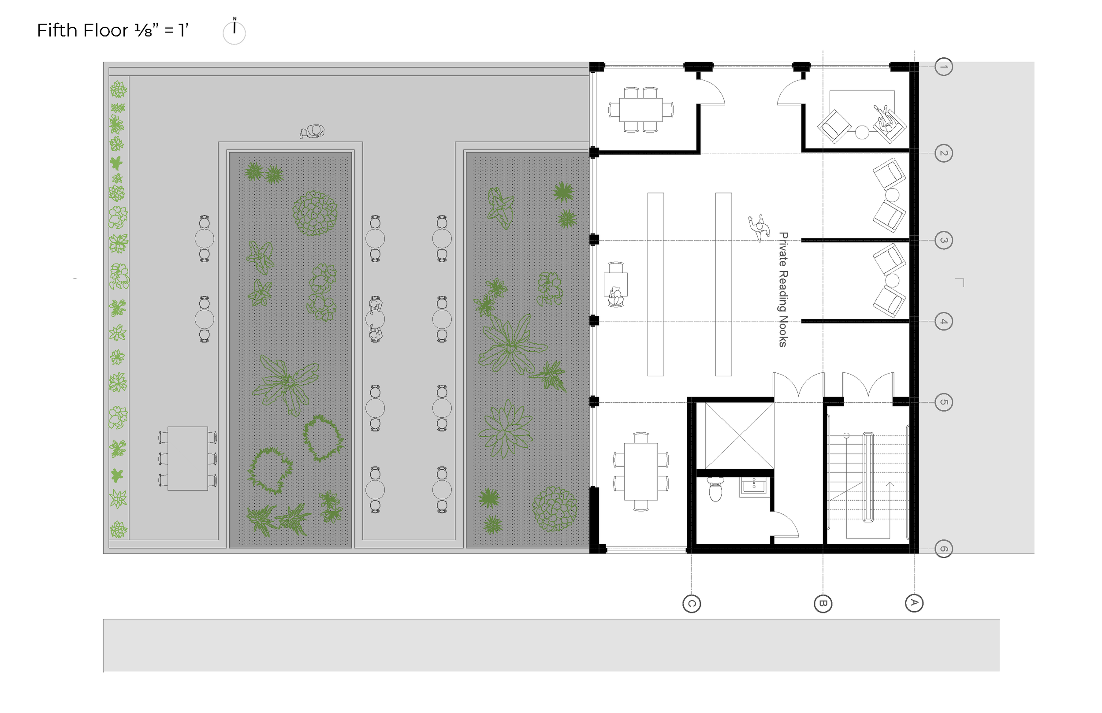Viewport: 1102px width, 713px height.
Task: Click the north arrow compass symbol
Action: click(x=235, y=31)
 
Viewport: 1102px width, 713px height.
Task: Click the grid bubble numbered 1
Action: click(x=944, y=67)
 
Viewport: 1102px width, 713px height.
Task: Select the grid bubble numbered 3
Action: click(x=944, y=240)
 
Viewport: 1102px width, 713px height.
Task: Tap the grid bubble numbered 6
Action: click(x=944, y=549)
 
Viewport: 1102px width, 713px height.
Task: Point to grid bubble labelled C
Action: click(x=692, y=604)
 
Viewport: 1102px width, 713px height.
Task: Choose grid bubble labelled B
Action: click(x=823, y=604)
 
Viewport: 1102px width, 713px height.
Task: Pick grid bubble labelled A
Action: click(x=914, y=603)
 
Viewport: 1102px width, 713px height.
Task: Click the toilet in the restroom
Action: click(x=716, y=490)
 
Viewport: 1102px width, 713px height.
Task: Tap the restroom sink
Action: click(x=753, y=487)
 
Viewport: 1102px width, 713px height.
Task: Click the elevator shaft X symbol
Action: click(x=740, y=436)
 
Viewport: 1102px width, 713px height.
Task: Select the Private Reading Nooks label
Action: click(x=783, y=290)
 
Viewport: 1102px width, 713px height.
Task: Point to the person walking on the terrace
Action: click(x=313, y=132)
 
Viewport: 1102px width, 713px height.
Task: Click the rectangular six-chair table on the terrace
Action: click(x=187, y=458)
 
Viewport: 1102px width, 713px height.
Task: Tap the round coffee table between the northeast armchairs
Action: click(x=862, y=132)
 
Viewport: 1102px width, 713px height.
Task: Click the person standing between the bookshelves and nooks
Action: click(x=759, y=227)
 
